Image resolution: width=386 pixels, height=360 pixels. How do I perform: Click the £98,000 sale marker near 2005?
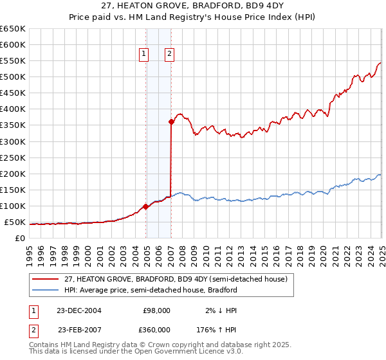pyautogui.click(x=146, y=206)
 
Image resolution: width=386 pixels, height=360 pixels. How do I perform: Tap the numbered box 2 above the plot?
pyautogui.click(x=169, y=55)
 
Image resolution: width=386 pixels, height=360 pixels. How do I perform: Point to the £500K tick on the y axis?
pyautogui.click(x=13, y=77)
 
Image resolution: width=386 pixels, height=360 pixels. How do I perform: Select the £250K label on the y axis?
pyautogui.click(x=13, y=157)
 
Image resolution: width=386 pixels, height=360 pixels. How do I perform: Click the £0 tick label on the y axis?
pyautogui.click(x=19, y=239)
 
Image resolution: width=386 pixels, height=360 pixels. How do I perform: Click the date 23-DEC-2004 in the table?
pyautogui.click(x=79, y=310)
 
